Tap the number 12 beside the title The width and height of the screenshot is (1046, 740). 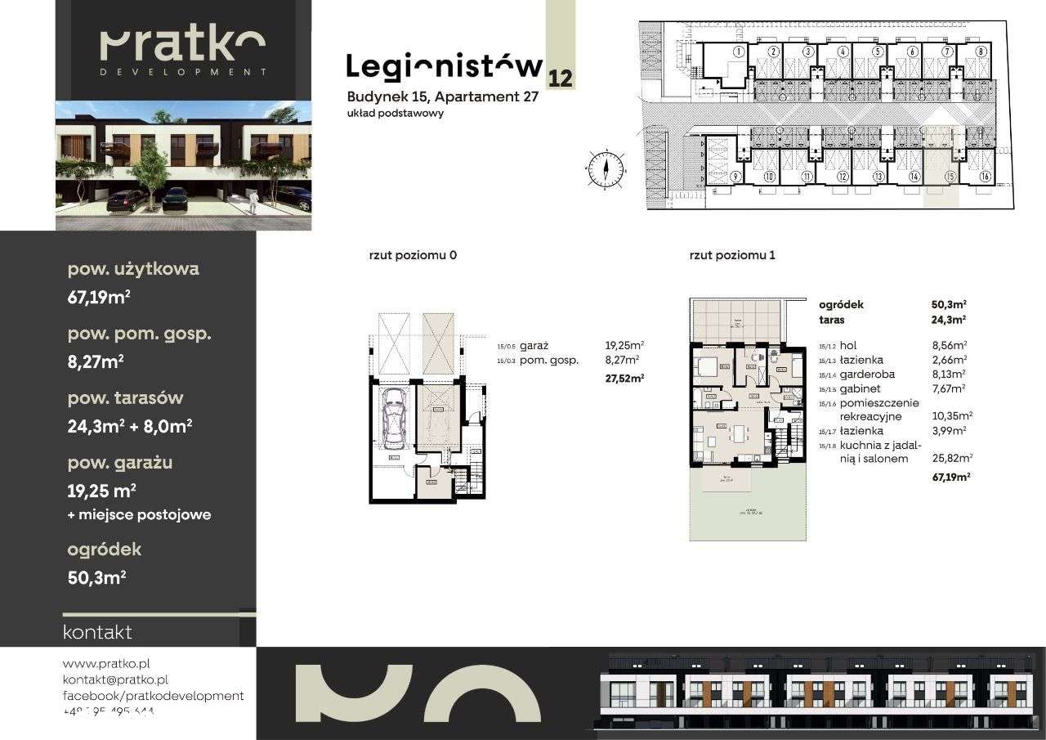[x=561, y=78]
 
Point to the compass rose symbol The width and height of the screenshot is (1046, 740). [x=606, y=169]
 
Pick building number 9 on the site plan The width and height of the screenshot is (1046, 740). [x=735, y=177]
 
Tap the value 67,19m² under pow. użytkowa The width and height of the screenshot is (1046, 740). [x=98, y=298]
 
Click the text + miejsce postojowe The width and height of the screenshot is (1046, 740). [x=139, y=514]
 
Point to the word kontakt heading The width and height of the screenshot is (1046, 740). [x=96, y=632]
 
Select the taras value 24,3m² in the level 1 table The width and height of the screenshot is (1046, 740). [x=949, y=320]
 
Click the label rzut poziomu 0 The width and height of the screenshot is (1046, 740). [x=412, y=255]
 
